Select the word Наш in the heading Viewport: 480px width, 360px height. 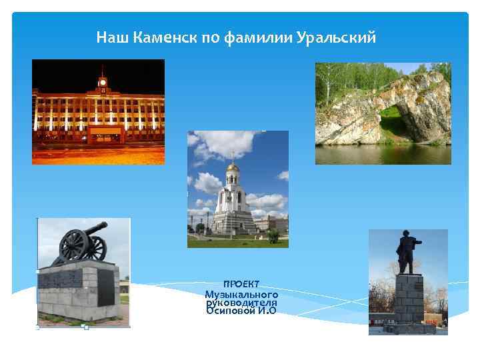click(112, 37)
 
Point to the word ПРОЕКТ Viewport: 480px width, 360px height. click(241, 284)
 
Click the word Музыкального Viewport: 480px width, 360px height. click(241, 294)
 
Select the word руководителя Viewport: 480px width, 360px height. click(241, 302)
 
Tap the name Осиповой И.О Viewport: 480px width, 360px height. click(241, 311)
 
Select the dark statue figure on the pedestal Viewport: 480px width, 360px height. click(405, 253)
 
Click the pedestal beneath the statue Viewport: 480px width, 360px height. click(408, 300)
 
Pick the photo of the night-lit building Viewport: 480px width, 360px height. click(98, 111)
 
